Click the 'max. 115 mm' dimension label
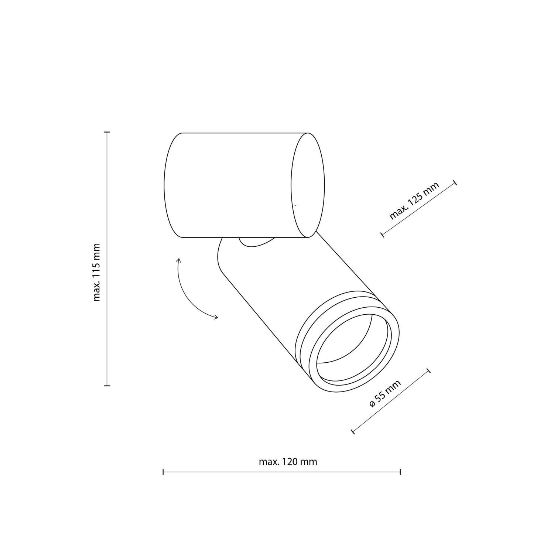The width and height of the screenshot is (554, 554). pos(97,272)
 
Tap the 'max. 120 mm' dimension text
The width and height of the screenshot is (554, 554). pos(288,462)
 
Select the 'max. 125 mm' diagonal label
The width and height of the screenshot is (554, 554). pos(414,201)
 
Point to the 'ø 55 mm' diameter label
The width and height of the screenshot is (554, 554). pos(385,394)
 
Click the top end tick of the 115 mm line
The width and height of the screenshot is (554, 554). pos(107,132)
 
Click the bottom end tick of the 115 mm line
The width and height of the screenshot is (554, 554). pos(107,386)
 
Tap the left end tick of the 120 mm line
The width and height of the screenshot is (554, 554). pos(163,472)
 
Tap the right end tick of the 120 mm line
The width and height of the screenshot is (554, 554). pos(400,472)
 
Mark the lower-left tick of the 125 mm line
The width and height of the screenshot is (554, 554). pos(382,234)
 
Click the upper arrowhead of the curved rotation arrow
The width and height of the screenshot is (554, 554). pos(178,260)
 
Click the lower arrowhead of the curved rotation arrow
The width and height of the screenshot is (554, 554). pos(216,317)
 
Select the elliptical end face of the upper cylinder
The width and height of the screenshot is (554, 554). pos(308,185)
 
